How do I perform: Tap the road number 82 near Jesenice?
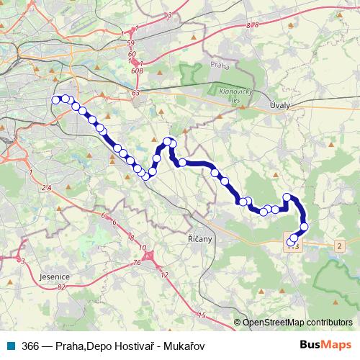click(62, 287)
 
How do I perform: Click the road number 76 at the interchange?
click(136, 264)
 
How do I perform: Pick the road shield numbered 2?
click(339, 246)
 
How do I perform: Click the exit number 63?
click(136, 93)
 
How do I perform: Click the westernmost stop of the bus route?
click(57, 100)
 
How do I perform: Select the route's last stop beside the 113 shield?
click(291, 241)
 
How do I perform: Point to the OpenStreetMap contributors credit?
click(296, 323)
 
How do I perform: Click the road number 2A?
click(48, 188)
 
